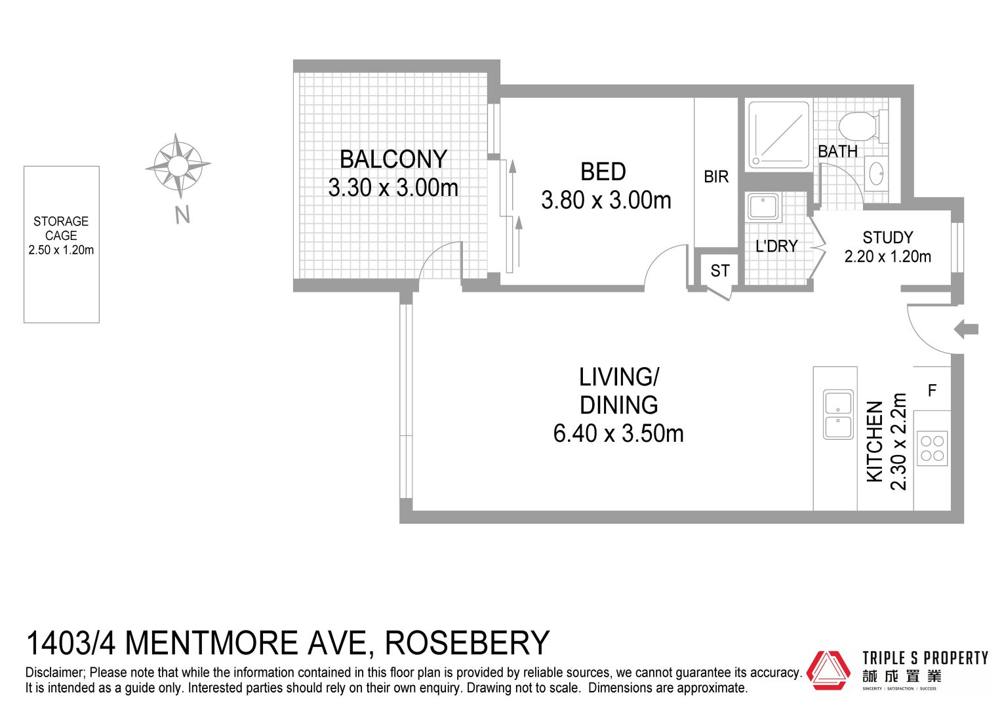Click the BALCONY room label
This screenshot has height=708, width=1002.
point(393,159)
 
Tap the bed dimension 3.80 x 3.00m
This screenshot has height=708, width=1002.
point(606,201)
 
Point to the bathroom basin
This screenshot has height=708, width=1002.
point(876,174)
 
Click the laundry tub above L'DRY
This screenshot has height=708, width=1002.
point(763,207)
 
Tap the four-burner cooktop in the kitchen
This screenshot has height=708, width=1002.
point(932,448)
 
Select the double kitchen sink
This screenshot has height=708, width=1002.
point(838,414)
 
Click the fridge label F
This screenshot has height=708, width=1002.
point(932,391)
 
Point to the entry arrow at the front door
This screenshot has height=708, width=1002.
point(966,330)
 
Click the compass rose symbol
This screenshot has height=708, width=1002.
point(178,166)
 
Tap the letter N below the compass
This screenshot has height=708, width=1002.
point(182,214)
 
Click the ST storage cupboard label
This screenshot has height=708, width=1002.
point(720,271)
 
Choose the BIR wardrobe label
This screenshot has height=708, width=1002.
point(716,177)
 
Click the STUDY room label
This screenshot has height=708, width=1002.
point(888,237)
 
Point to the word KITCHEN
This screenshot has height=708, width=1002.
point(875,441)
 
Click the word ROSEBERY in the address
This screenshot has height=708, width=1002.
point(467,642)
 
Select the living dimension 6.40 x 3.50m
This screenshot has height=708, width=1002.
point(618,434)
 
